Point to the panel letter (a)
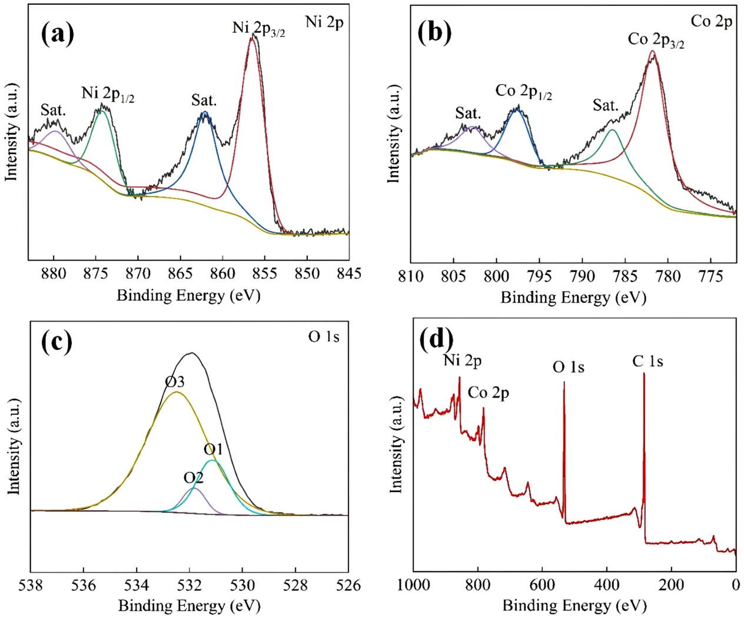(58, 34)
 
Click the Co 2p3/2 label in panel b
(656, 40)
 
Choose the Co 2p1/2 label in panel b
(523, 91)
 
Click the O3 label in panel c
(174, 382)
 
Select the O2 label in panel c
(193, 478)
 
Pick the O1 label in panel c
(213, 450)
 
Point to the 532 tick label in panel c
(189, 585)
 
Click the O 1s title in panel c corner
(324, 337)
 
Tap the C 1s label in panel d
(647, 362)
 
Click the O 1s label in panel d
(568, 367)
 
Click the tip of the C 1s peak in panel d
(644, 373)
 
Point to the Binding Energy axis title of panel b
(573, 297)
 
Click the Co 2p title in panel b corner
(711, 22)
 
